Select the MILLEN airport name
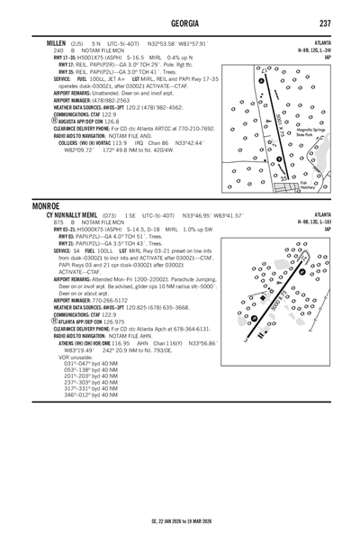(x=46, y=42)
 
